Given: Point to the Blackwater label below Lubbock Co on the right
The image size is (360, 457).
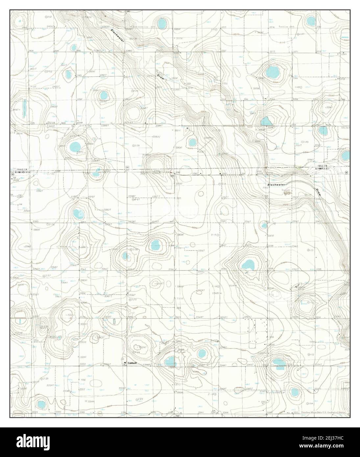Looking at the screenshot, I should (x=275, y=185).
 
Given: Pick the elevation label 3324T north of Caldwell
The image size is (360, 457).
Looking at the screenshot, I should (x=142, y=347).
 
